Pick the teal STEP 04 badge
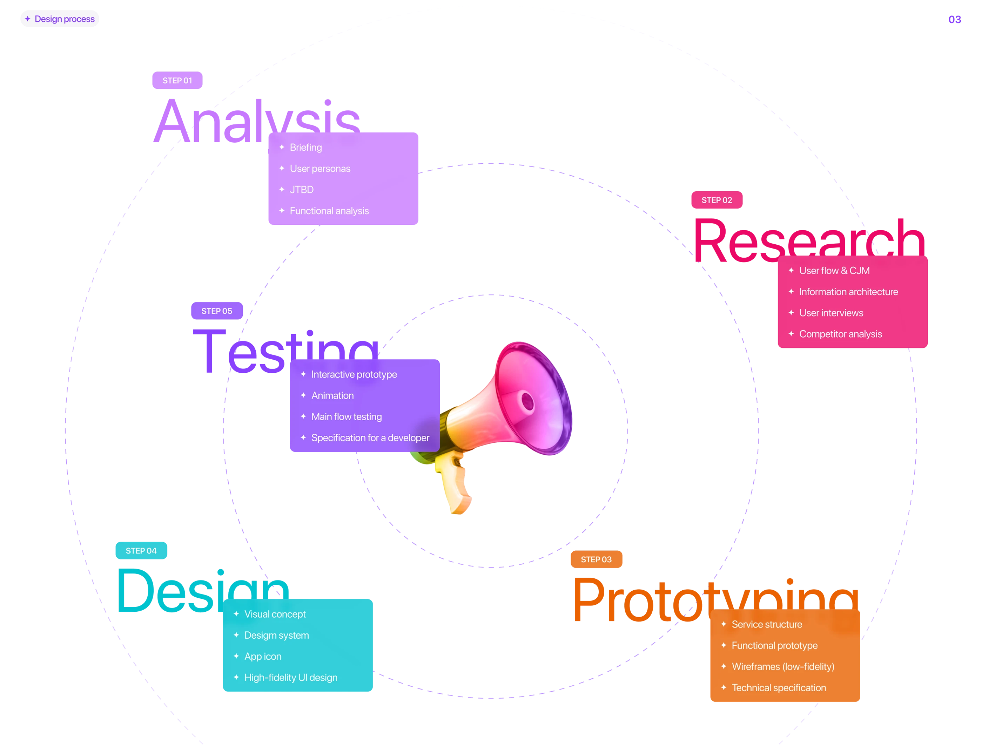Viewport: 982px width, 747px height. (141, 550)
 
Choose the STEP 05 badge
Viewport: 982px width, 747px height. (217, 311)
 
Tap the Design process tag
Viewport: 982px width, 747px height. (60, 19)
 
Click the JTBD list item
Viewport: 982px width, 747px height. (301, 189)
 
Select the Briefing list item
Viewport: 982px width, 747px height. (305, 147)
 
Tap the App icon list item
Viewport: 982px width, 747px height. (262, 656)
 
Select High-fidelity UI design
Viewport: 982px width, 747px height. (290, 677)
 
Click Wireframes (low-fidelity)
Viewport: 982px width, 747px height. (782, 666)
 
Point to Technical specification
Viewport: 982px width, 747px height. (778, 687)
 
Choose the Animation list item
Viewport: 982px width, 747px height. (332, 395)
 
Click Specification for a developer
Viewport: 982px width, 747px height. (370, 437)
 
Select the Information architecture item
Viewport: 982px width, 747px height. (848, 292)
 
